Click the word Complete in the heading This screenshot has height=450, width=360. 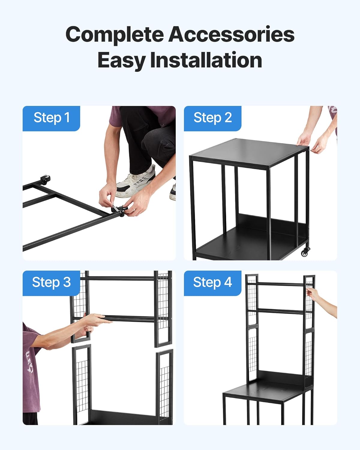click(x=115, y=34)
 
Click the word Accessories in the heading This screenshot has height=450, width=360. click(x=231, y=34)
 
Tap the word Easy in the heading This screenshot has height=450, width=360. click(x=121, y=60)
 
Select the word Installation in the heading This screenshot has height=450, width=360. click(x=206, y=60)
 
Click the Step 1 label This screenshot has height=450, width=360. click(x=51, y=118)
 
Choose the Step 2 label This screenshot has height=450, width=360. click(x=212, y=118)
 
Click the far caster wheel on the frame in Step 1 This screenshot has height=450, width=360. click(x=45, y=180)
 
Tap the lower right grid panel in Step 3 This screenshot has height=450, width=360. click(x=164, y=387)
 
